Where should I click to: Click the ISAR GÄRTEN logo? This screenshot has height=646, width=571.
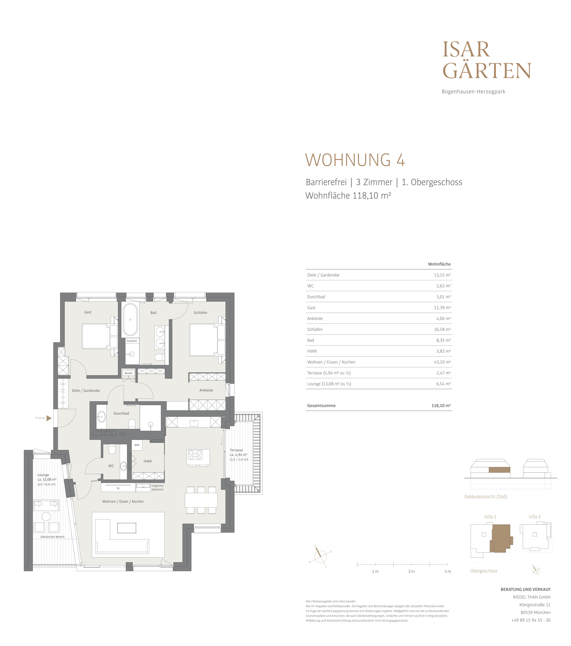tap(487, 60)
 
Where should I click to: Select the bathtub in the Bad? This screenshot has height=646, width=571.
tap(130, 320)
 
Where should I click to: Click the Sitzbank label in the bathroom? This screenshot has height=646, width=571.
tap(132, 341)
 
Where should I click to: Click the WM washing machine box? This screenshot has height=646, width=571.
tap(137, 445)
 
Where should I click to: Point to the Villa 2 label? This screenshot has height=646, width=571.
tap(535, 517)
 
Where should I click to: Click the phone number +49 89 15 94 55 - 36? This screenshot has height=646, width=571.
tap(531, 620)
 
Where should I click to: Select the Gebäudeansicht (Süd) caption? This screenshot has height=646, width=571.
tap(486, 497)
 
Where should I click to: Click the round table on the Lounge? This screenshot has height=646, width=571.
tap(46, 516)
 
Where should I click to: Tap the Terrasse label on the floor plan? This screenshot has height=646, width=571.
tap(236, 450)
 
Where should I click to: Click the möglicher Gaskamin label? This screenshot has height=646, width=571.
tap(157, 488)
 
